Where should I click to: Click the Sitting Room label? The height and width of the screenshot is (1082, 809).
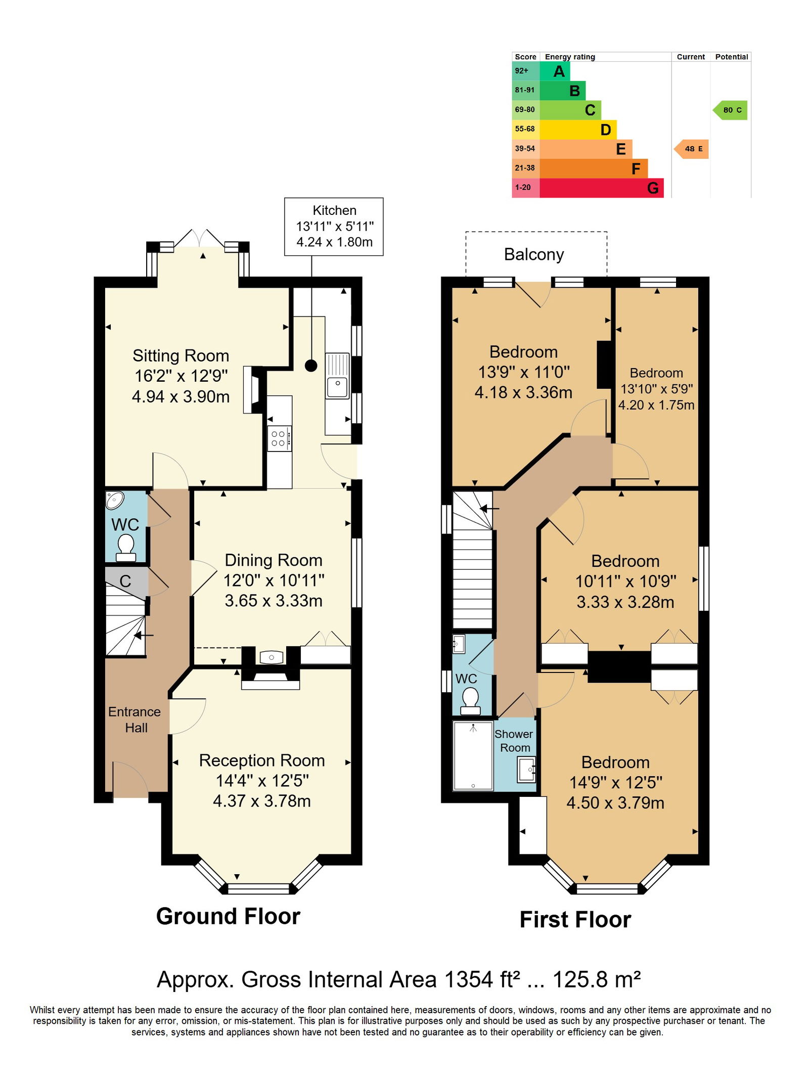point(181,355)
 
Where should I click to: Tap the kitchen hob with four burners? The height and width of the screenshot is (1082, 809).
point(279,438)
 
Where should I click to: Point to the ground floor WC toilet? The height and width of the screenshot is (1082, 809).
point(126,548)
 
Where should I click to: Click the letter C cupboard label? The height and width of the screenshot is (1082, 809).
point(125,581)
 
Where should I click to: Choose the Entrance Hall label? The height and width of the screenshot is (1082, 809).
point(134,719)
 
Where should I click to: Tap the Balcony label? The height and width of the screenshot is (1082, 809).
point(534,254)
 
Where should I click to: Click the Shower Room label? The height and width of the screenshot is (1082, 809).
point(514,741)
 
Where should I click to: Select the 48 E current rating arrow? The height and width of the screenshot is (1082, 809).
point(691,149)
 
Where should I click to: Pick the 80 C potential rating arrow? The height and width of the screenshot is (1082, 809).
point(730,110)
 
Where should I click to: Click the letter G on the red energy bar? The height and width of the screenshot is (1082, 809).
point(653,188)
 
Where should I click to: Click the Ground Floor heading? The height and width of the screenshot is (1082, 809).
point(228,916)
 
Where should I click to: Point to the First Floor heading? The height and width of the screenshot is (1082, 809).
point(575,920)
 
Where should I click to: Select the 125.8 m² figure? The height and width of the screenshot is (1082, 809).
point(597,979)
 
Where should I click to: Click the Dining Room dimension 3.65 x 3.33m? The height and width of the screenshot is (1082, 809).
point(274,601)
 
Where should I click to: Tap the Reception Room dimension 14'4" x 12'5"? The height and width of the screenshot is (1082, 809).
point(262,781)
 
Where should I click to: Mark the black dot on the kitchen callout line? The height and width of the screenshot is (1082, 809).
point(311,366)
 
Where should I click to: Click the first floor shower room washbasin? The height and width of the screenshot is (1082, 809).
point(526,770)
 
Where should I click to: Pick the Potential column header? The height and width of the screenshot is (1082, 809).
point(732,57)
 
